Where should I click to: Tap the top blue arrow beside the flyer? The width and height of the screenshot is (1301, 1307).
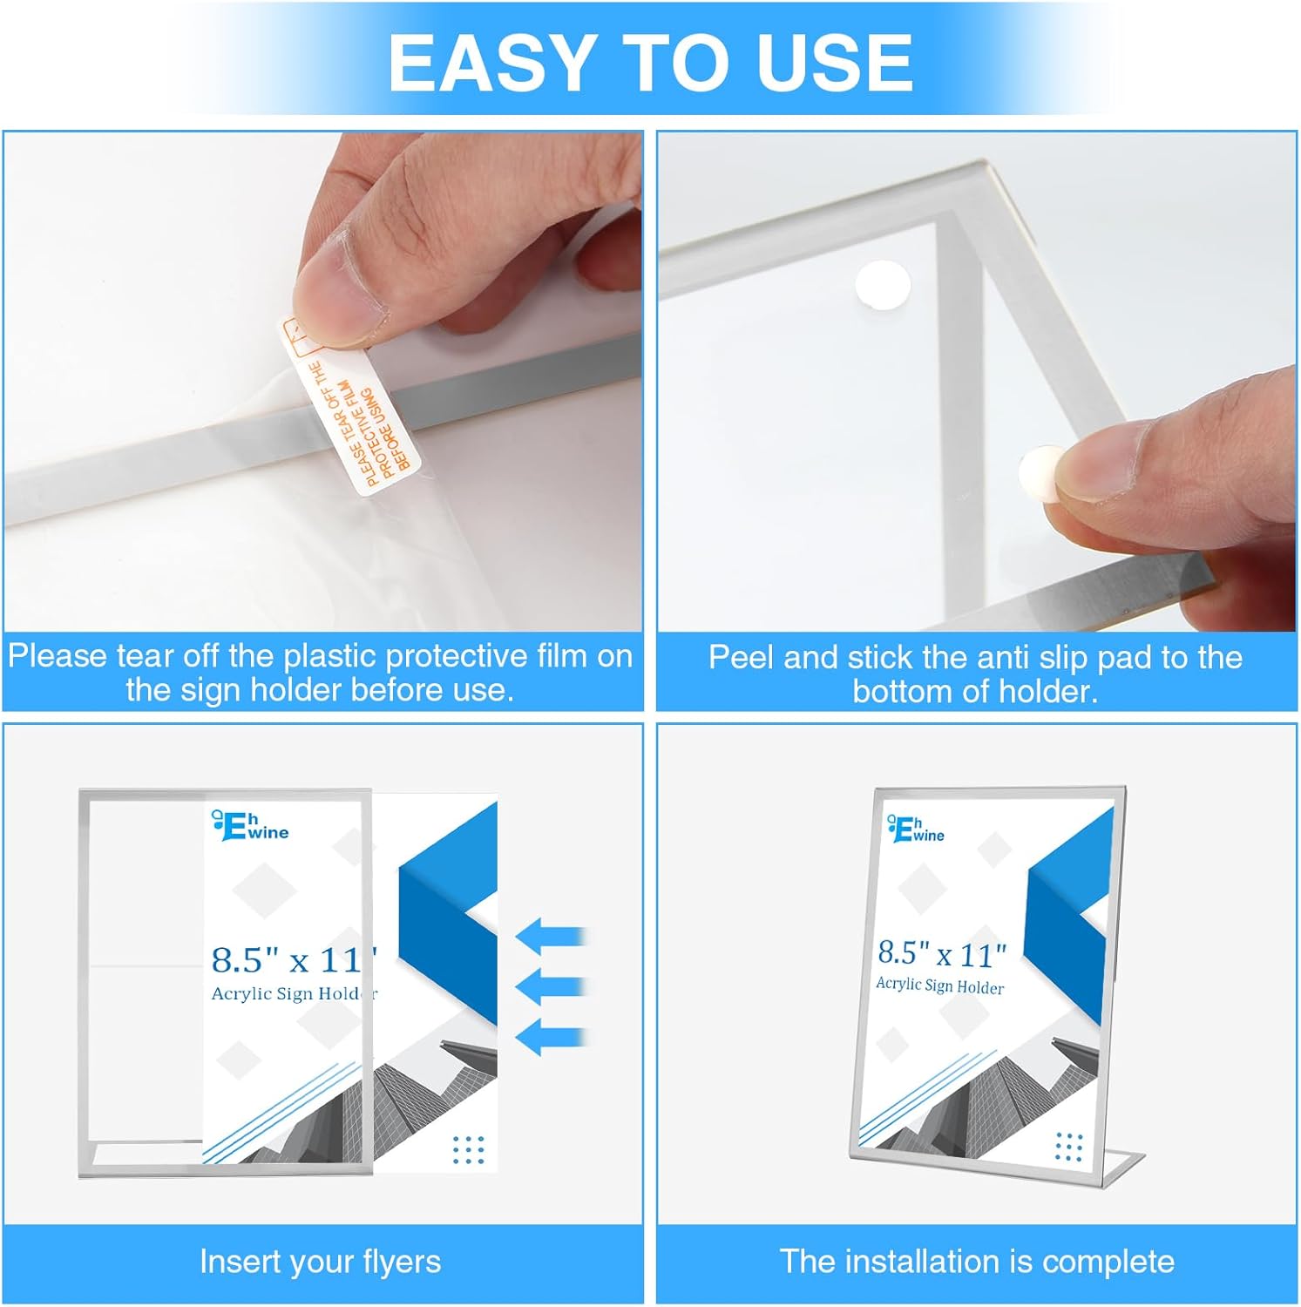550,937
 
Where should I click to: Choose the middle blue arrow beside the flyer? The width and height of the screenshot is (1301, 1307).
550,986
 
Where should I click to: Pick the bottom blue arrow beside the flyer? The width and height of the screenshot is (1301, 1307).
550,1037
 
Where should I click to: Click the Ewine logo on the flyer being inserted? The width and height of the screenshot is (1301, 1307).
250,826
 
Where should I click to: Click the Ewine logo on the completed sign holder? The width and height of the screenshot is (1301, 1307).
916,829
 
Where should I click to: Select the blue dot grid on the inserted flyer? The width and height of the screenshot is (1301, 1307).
468,1149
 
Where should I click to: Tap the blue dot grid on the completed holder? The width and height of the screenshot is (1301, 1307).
1068,1147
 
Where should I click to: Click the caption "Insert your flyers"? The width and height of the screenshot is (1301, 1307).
320,1261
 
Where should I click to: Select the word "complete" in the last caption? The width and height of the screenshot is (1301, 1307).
1108,1262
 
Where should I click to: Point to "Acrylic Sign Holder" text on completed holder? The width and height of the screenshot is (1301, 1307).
939,985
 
